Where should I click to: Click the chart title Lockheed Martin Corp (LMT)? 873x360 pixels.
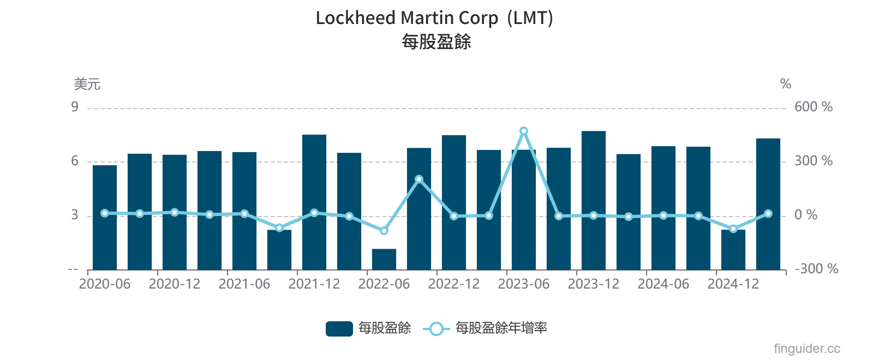tap(434, 18)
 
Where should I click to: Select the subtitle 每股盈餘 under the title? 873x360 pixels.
tap(436, 42)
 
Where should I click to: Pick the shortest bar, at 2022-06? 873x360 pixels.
tap(384, 260)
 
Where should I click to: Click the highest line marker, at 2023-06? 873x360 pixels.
tap(524, 131)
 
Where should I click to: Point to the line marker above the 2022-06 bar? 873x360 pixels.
tap(384, 231)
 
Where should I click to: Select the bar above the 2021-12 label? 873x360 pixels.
tap(314, 202)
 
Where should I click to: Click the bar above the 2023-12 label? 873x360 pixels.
tap(594, 200)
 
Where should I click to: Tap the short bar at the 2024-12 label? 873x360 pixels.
tap(733, 250)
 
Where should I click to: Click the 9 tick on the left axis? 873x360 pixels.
tap(75, 107)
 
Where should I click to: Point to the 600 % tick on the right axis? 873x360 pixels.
tap(813, 107)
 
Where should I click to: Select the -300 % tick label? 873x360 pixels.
tap(816, 269)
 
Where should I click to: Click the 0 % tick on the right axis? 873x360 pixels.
tap(806, 215)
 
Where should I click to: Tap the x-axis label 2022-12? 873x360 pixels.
tap(454, 284)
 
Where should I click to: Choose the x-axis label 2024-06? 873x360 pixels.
tap(663, 284)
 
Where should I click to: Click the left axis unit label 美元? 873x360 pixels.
tap(87, 84)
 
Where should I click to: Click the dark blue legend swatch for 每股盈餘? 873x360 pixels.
tap(339, 328)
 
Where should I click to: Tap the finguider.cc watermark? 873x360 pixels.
tap(806, 349)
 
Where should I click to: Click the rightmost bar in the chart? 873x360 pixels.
tap(768, 205)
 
